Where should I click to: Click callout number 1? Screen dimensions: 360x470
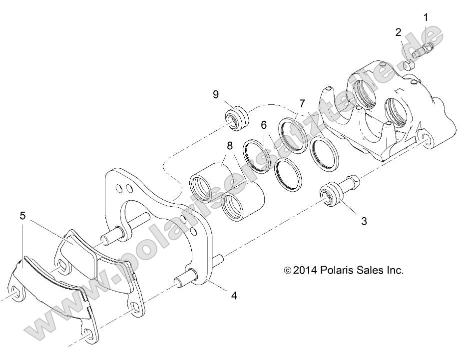tap(426, 18)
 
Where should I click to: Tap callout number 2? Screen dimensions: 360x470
tap(398, 32)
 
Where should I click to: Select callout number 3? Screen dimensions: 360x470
tap(364, 221)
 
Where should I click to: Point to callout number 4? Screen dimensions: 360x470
tap(233, 295)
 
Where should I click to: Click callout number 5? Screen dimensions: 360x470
tap(22, 216)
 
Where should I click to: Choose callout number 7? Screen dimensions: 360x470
tap(302, 104)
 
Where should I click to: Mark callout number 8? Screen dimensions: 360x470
tap(229, 147)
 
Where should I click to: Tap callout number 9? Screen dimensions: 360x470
tap(216, 94)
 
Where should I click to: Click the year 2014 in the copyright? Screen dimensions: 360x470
tap(306, 270)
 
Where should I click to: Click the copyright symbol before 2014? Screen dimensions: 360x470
tap(287, 271)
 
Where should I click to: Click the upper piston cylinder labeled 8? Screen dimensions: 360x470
tap(206, 183)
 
